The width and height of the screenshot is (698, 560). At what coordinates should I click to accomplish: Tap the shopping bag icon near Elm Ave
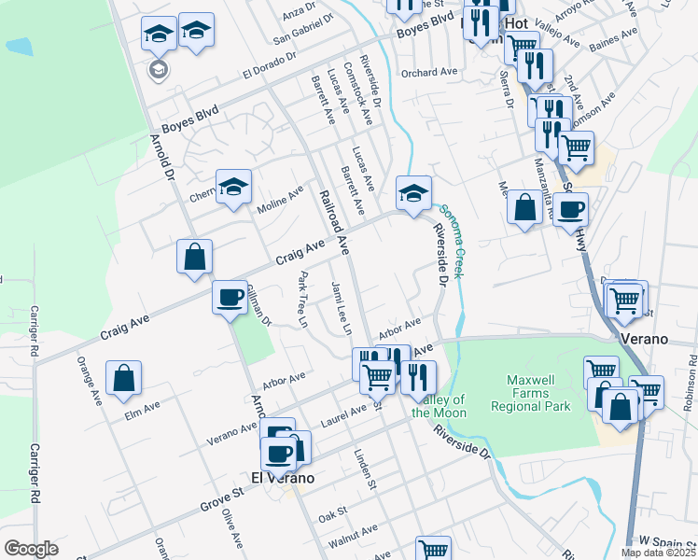click(x=123, y=379)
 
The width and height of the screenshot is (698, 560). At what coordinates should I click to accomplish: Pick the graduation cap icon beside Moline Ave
click(x=234, y=185)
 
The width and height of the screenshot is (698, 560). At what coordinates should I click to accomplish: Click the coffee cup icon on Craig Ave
click(x=230, y=298)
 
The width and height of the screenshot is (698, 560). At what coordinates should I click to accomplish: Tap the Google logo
click(x=31, y=549)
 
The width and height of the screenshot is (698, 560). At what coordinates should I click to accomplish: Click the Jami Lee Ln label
click(x=341, y=309)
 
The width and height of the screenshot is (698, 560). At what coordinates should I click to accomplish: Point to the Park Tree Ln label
click(x=302, y=299)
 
